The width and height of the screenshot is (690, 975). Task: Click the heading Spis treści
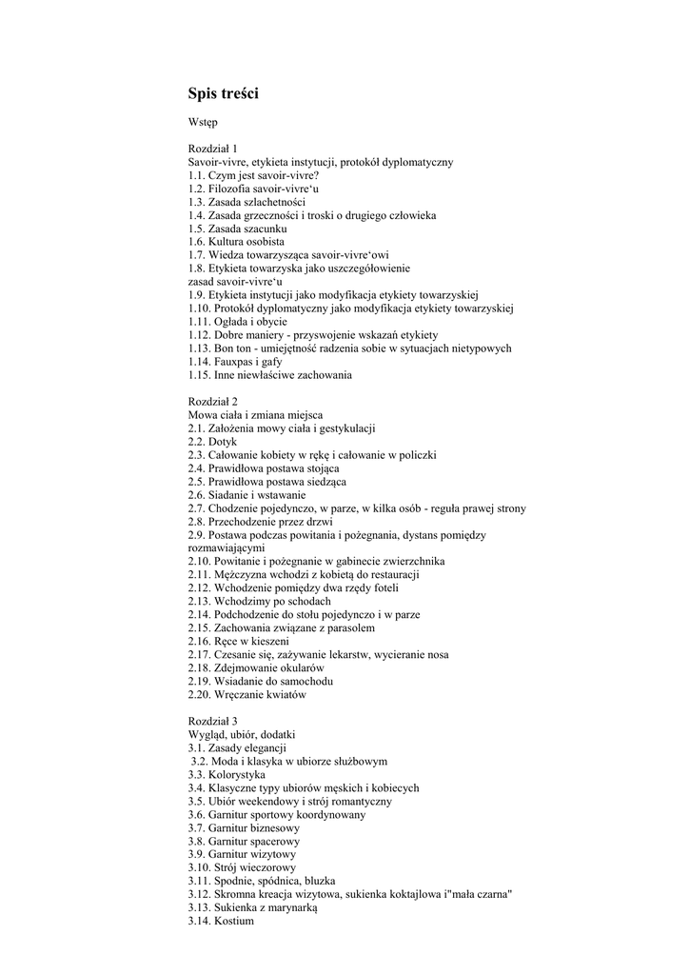pos(223,93)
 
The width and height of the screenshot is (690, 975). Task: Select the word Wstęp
pos(203,123)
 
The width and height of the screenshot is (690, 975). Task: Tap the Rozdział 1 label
pos(213,149)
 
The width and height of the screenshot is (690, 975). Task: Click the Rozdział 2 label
pos(213,402)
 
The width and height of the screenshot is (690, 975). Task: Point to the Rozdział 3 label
pos(213,722)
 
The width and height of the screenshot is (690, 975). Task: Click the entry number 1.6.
pos(197,242)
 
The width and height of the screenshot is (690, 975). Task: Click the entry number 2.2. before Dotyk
pos(197,442)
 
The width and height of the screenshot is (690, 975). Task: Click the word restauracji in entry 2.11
pos(391,575)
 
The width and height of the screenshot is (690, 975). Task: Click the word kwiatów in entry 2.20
pos(285,695)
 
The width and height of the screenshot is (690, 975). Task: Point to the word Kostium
pos(234,922)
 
